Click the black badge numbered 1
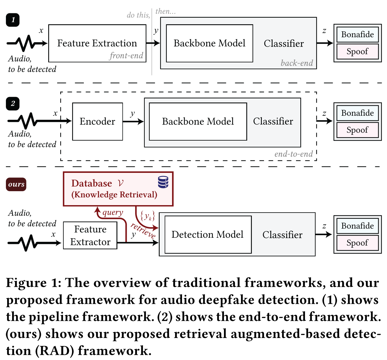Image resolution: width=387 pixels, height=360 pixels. point(13,20)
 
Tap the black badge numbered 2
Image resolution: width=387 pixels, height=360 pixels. point(13,104)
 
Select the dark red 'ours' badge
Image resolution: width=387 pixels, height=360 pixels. point(16,184)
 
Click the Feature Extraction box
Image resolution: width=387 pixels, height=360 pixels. point(97,43)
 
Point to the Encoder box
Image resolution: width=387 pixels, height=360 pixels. point(98,121)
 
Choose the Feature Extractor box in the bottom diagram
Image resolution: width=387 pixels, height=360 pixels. point(90,236)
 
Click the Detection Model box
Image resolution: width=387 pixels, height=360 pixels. point(208,235)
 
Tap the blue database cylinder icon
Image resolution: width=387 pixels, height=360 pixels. point(163,182)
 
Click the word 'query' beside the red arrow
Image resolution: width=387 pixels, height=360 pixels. point(113,213)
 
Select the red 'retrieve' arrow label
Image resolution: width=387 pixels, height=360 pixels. point(143,230)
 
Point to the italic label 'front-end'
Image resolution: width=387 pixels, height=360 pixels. point(126,56)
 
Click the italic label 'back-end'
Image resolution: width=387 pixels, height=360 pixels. point(297,63)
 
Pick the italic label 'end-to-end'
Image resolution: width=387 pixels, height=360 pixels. point(294,154)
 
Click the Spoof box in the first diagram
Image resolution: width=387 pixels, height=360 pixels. point(357,52)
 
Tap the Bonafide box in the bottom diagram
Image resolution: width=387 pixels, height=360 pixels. point(357,226)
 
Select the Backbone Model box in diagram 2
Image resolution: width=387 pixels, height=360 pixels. point(198,121)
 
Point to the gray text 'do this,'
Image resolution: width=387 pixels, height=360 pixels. point(138,15)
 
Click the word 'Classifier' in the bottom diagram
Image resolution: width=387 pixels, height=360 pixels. point(282,235)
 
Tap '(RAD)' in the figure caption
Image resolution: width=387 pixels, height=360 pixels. point(54,351)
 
